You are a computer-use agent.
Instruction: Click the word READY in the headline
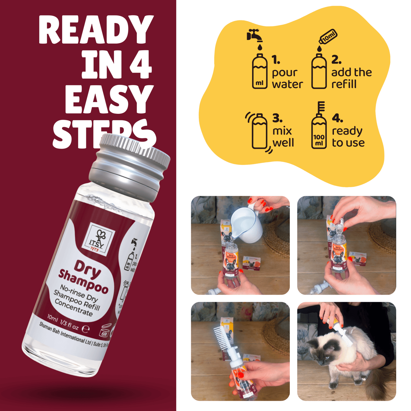(x=96, y=30)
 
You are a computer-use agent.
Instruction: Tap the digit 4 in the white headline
(x=141, y=64)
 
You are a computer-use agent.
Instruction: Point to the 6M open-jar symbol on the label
(x=105, y=331)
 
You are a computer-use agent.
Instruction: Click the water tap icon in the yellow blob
(x=254, y=36)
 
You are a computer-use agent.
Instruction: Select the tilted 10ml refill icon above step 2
(x=328, y=37)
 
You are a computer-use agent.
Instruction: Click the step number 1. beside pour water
(x=276, y=60)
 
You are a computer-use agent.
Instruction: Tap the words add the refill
(x=351, y=78)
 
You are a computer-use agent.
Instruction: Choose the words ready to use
(x=348, y=137)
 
